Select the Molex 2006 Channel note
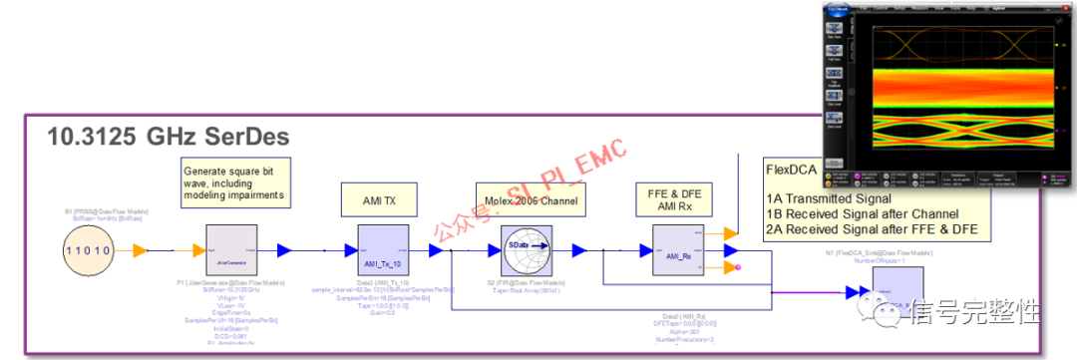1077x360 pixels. coord(526,199)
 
